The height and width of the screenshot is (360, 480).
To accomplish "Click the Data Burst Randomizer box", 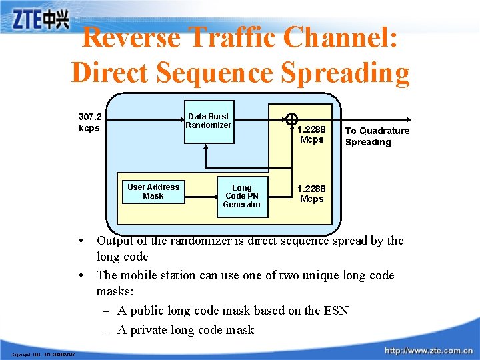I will (x=208, y=121).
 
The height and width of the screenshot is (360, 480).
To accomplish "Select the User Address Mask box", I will (x=153, y=191).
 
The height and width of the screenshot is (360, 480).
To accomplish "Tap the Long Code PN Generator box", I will (x=241, y=196).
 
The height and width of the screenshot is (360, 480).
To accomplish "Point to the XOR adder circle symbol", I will (x=291, y=120).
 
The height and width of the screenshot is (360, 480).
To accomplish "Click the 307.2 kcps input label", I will (x=90, y=122).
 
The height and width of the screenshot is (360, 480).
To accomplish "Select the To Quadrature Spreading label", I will (x=377, y=136).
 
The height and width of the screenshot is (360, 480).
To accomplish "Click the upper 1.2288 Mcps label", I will (x=311, y=135).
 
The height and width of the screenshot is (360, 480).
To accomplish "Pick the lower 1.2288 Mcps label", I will (x=311, y=194).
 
